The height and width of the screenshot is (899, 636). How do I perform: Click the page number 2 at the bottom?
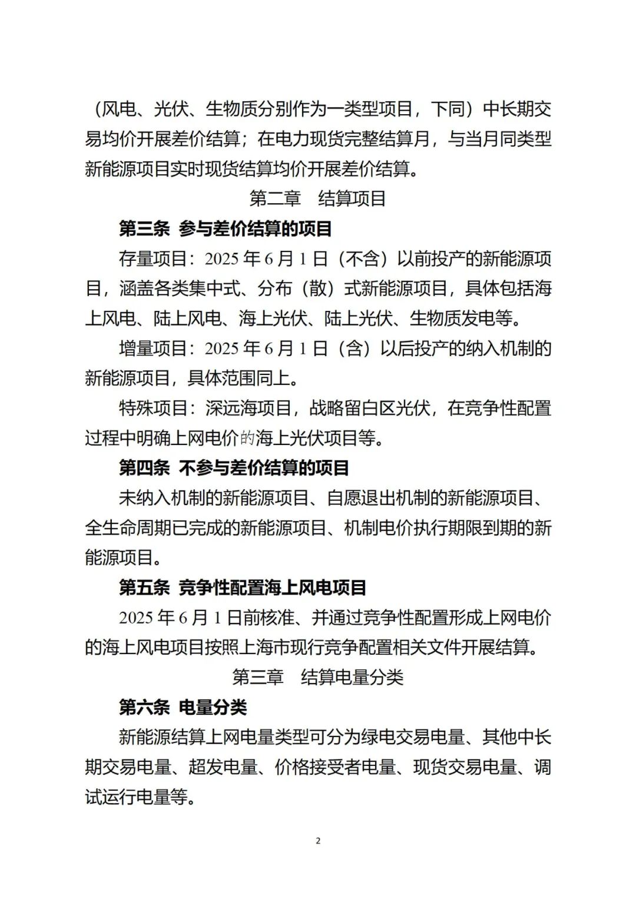tap(318, 841)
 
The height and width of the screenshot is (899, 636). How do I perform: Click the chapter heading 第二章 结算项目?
tap(317, 199)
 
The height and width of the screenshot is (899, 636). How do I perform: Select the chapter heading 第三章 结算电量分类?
tap(317, 677)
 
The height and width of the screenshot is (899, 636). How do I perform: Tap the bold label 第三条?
tap(144, 229)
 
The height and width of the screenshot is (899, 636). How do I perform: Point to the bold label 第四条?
tap(144, 468)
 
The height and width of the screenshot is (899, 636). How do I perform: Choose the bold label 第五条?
tap(144, 588)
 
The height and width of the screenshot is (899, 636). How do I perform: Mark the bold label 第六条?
tap(144, 707)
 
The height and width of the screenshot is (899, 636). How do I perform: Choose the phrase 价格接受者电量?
tap(335, 767)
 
